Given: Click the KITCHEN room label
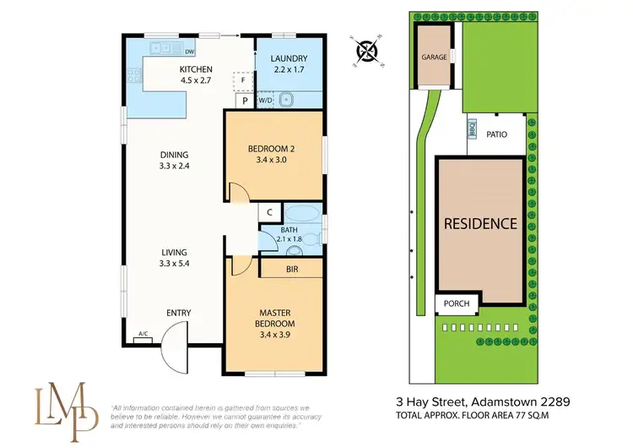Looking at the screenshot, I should [x=195, y=69].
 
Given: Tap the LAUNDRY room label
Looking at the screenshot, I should [x=289, y=58].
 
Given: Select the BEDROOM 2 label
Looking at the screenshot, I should [x=271, y=150].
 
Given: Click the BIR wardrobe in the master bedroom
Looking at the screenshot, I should [x=291, y=268].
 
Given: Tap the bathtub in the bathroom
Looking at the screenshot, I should [x=301, y=212].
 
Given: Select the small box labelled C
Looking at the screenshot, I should [x=268, y=212].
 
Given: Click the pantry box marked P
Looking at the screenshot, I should [x=244, y=101].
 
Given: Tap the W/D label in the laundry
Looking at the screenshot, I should [x=265, y=101].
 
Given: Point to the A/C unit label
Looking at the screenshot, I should [x=143, y=335].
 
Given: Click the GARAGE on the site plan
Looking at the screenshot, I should [x=434, y=57].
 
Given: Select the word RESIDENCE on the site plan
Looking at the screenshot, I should [x=481, y=224].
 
